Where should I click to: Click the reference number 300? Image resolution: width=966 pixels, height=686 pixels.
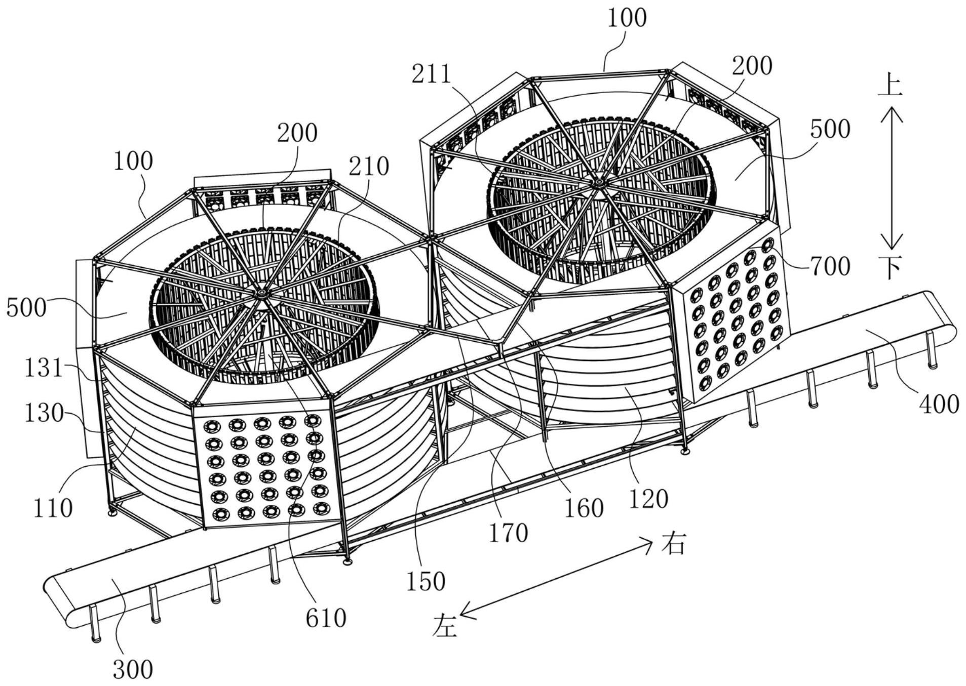pos(133,670)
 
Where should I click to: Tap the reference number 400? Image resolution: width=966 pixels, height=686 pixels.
pos(939,405)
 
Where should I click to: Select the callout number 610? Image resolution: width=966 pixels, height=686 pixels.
pos(326,618)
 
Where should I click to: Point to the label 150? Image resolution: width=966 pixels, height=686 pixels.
pos(426,582)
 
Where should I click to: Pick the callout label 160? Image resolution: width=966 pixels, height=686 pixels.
pos(584,508)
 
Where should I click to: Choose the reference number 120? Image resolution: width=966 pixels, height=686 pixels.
pos(648,499)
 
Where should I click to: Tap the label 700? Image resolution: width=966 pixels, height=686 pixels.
pos(830,266)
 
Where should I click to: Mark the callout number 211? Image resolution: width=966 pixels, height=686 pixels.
pos(431,74)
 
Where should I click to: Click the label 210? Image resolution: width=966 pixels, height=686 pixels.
pos(369,166)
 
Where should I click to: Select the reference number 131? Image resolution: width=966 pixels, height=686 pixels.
pos(44,368)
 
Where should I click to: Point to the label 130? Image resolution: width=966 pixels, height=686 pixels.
pos(44,414)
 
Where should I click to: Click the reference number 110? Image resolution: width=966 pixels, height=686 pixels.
pos(53,508)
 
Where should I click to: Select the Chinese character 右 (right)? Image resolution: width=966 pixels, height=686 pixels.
pos(673,544)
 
